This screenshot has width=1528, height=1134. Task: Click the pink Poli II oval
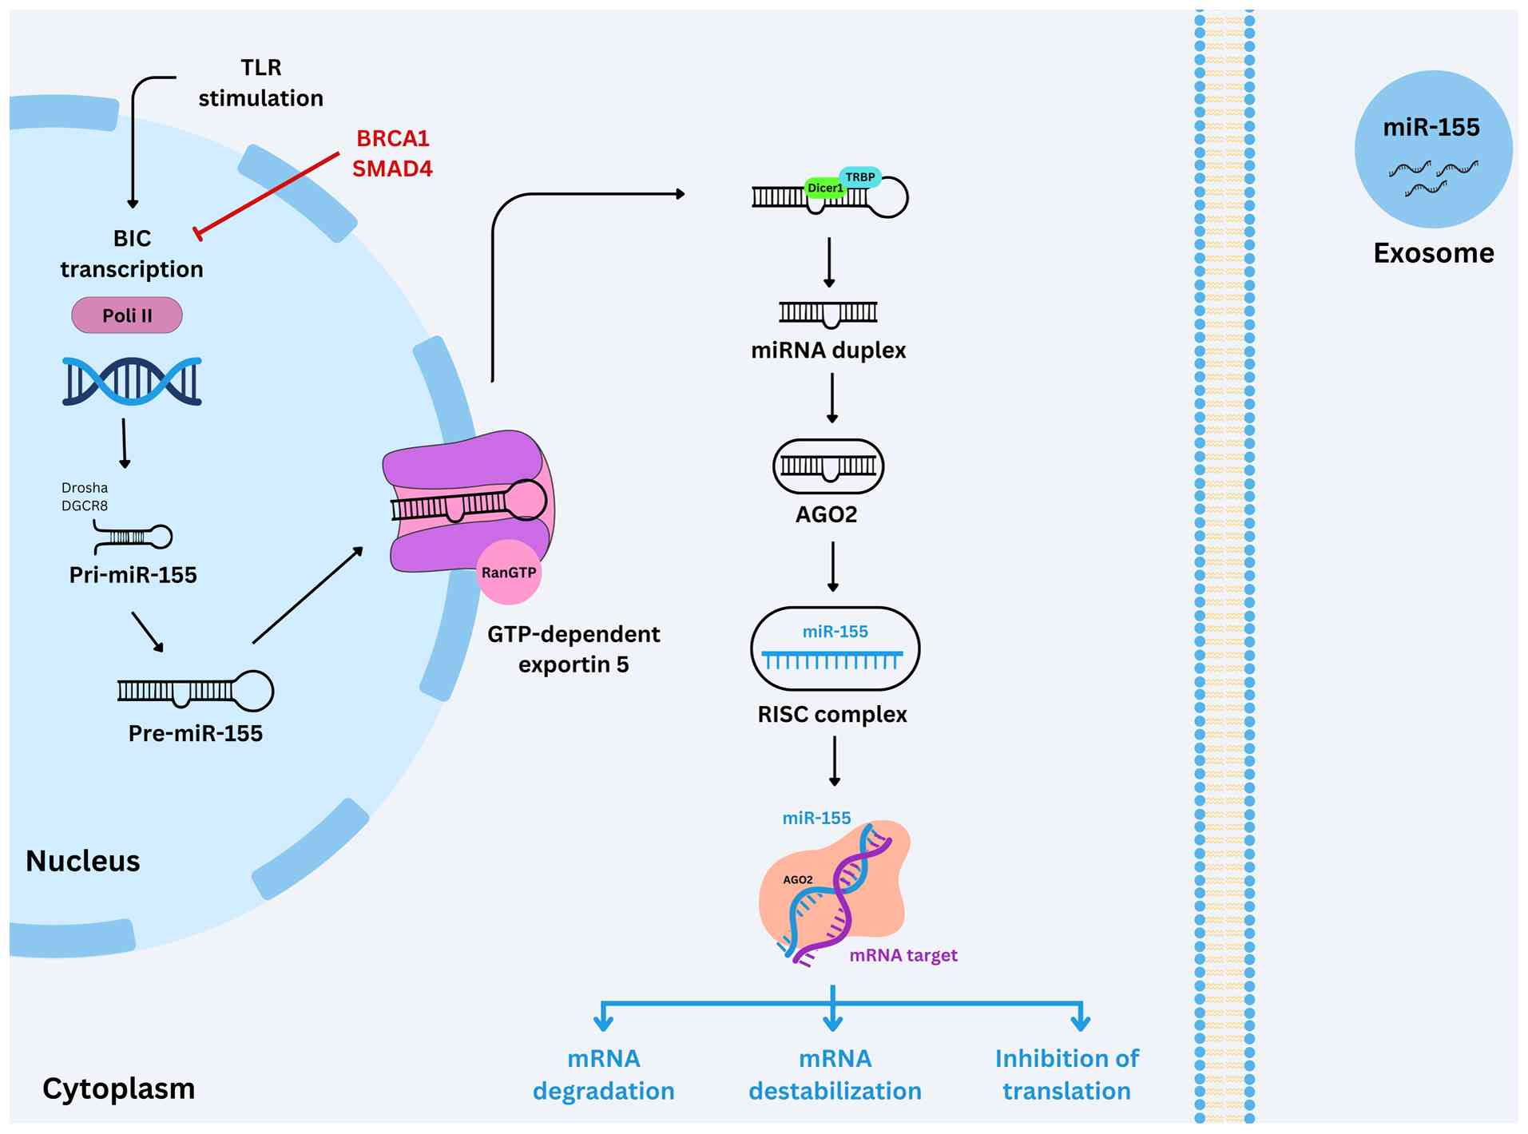[127, 315]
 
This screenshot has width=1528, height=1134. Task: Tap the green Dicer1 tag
[824, 188]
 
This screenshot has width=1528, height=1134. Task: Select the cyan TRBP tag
[860, 176]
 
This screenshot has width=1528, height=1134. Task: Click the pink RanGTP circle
[509, 573]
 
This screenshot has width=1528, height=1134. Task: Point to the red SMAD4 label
[392, 169]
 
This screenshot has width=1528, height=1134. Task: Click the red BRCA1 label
[393, 138]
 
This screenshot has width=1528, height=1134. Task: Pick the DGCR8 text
[85, 506]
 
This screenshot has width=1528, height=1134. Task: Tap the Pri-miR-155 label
[133, 575]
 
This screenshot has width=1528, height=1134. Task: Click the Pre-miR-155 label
[196, 733]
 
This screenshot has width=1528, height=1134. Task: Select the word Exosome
[1434, 253]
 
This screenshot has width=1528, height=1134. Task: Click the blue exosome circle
[1434, 149]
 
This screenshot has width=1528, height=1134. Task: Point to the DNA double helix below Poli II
[132, 381]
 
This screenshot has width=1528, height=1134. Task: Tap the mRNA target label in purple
[903, 955]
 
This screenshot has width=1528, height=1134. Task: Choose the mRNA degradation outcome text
[604, 1074]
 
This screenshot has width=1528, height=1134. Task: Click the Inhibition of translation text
[1067, 1074]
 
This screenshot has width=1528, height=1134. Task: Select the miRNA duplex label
[828, 350]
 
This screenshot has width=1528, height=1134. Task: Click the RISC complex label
[832, 714]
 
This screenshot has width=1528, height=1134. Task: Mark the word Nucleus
[83, 861]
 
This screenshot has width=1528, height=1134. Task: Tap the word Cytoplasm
[119, 1088]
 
